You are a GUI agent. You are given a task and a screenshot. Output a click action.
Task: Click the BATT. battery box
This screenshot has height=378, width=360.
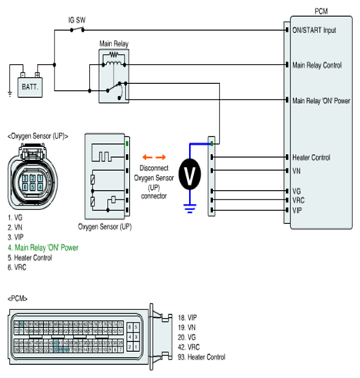(30, 87)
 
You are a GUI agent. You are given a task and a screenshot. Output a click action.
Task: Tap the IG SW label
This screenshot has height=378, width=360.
(77, 20)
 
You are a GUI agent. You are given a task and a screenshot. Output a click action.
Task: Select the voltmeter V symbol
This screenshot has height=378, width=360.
(190, 174)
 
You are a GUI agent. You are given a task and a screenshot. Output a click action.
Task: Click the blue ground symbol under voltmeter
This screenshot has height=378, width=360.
(190, 209)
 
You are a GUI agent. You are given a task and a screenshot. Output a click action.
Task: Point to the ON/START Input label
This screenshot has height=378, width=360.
(314, 30)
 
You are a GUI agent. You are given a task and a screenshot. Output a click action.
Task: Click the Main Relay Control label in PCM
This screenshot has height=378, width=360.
(317, 65)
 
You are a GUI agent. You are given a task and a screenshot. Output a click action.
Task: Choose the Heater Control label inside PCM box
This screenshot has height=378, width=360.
(312, 157)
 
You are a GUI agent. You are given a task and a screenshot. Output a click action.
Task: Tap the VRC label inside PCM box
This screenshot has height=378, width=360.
(298, 200)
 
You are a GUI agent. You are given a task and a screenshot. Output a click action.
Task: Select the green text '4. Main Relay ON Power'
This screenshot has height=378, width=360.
(43, 248)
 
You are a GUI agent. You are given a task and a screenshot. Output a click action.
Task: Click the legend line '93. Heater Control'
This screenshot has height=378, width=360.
(202, 357)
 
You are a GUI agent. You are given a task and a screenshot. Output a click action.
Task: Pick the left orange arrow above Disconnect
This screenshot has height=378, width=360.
(148, 157)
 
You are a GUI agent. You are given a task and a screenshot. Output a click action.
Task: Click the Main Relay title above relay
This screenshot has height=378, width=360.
(114, 44)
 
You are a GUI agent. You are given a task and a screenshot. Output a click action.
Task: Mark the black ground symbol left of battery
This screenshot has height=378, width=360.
(10, 94)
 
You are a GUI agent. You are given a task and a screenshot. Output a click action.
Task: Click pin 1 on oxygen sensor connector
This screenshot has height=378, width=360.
(40, 179)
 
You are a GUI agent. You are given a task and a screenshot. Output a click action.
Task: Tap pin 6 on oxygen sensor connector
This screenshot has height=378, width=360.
(25, 187)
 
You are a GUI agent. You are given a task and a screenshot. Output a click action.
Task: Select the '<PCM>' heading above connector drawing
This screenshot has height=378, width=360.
(18, 299)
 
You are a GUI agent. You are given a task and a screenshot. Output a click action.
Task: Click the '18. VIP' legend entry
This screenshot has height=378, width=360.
(188, 318)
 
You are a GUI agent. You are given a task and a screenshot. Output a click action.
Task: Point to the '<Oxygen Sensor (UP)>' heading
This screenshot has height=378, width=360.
(38, 136)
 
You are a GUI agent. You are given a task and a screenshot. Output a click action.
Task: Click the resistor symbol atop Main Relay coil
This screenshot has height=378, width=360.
(114, 55)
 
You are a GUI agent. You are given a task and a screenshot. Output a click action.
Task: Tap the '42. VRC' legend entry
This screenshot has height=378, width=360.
(188, 347)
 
